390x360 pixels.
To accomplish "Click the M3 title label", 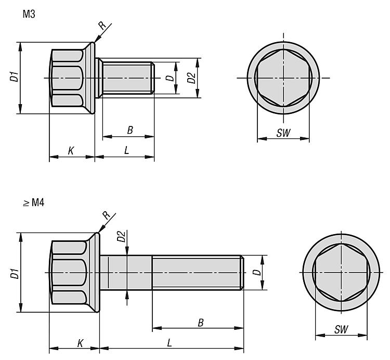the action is (29, 14).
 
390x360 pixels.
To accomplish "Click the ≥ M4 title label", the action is (34, 203).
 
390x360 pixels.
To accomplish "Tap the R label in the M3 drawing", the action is (102, 25).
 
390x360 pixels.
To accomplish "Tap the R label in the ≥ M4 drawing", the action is (107, 215).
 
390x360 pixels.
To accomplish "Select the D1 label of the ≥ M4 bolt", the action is (15, 274).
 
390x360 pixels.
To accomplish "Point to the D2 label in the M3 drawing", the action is (191, 78).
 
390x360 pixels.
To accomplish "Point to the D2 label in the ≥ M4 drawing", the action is (121, 236).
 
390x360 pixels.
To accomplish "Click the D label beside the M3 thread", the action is (170, 78).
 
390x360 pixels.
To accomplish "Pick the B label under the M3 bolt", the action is (130, 130).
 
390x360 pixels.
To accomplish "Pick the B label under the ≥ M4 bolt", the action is (201, 323).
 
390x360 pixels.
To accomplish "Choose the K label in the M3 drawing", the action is (71, 150).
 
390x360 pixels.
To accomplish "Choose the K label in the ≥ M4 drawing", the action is (80, 343).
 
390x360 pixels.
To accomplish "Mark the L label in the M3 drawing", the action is (126, 150).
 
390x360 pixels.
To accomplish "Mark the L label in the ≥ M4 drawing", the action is (170, 343).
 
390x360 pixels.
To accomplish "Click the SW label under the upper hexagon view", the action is (283, 133).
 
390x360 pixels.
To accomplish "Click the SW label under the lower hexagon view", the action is (341, 330).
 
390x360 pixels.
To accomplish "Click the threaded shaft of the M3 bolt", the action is (128, 78).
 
